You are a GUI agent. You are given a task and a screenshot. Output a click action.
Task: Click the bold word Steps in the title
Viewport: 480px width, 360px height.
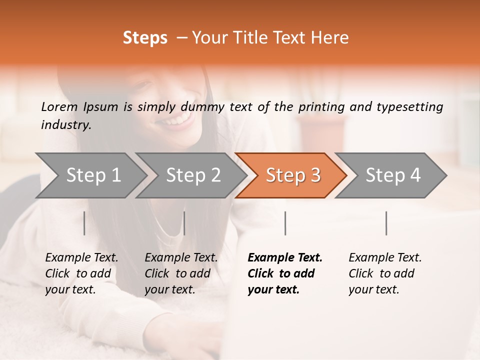(x=145, y=38)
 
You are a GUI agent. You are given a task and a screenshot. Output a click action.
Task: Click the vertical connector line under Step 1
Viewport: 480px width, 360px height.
(x=84, y=223)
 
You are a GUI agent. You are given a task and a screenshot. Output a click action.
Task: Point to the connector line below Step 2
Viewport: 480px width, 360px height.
(x=184, y=223)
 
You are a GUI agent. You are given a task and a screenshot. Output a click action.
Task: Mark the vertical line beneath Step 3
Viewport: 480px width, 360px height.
(x=285, y=223)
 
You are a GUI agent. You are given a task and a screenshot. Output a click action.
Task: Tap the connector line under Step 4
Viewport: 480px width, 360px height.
(x=386, y=223)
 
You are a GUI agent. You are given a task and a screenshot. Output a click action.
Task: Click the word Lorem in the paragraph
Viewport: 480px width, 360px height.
(x=59, y=106)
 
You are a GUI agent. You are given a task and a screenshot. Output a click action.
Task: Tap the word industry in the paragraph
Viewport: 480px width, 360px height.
(x=65, y=125)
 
